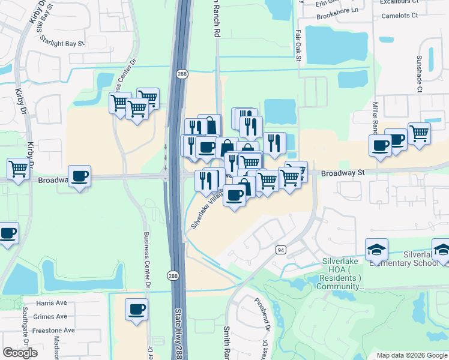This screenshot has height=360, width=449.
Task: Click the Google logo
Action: point(20,353)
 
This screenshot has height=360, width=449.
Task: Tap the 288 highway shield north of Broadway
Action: point(181,73)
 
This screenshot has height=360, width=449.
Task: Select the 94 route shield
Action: point(280,250)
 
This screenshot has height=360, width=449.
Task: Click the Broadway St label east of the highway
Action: point(343,173)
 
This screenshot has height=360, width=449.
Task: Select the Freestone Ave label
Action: point(54,330)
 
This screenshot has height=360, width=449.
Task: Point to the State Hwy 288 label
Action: point(178,333)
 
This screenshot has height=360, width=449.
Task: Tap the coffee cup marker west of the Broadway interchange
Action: point(79,176)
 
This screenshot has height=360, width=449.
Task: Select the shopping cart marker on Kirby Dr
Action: point(19,168)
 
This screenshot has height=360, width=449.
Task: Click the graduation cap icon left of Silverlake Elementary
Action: point(376,248)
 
